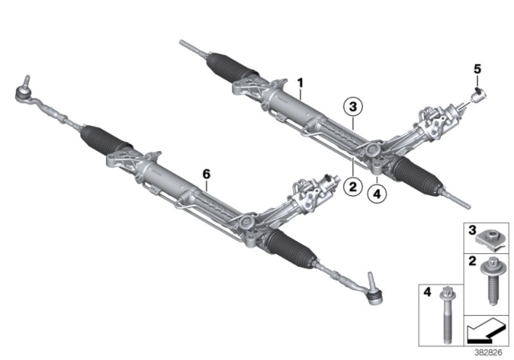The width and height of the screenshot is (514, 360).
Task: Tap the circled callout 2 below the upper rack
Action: click(351, 186)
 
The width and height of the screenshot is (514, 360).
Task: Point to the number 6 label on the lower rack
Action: click(206, 174)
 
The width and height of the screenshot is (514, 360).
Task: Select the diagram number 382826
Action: click(487, 350)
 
